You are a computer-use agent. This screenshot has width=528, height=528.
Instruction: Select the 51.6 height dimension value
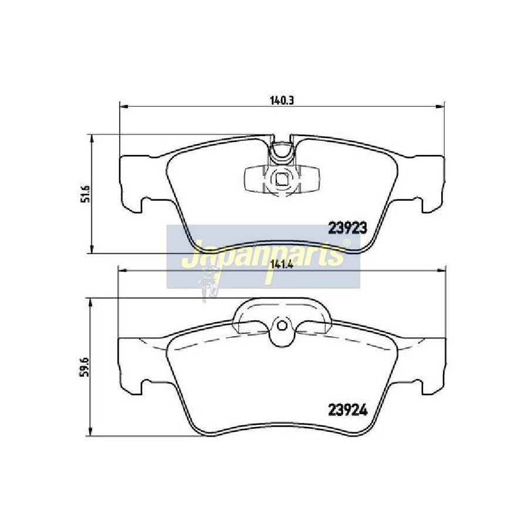[x=87, y=193]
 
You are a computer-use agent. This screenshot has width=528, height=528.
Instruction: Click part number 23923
[x=347, y=229]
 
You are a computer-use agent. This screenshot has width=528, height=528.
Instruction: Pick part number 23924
[x=347, y=410]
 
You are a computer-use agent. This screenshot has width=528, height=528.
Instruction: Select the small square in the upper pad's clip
[x=282, y=178]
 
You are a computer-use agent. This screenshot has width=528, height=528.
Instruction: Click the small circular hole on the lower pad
[x=282, y=326]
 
